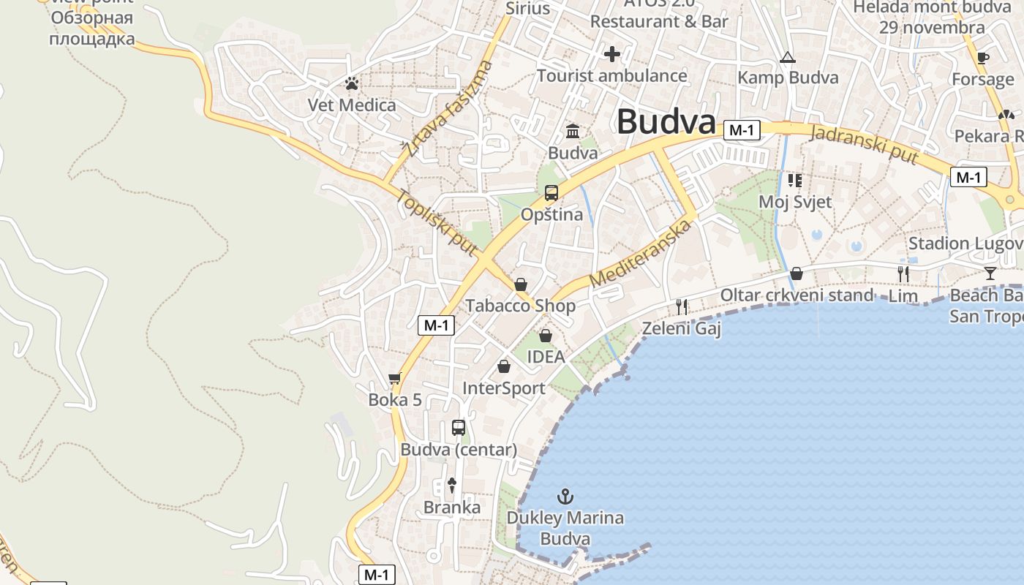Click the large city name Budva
(666, 121)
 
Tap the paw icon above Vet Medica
(352, 83)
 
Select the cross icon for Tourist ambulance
(612, 53)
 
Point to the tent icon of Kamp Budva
(788, 57)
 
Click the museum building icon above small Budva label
(573, 132)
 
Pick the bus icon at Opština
(551, 193)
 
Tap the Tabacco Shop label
(521, 306)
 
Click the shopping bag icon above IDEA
(546, 336)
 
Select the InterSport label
(504, 388)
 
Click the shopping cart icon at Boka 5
(395, 378)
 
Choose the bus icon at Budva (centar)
(459, 428)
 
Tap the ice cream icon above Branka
(452, 484)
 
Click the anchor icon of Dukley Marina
(565, 497)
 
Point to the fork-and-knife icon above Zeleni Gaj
(682, 306)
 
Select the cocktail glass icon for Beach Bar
(990, 273)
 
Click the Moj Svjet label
(795, 201)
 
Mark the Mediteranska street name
(641, 253)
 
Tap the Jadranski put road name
(865, 144)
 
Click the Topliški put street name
(437, 223)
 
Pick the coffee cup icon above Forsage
(983, 58)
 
